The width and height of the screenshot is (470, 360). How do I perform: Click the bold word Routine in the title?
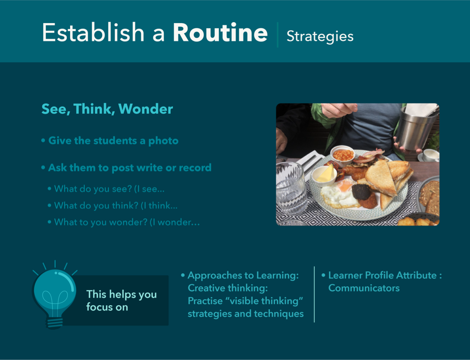coord(220,33)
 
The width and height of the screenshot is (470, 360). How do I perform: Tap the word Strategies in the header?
coord(320,37)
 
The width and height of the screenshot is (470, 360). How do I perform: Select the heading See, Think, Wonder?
coord(107,109)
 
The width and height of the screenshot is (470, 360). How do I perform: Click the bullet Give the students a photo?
coord(110,141)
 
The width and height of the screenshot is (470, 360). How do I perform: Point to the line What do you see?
coord(106,189)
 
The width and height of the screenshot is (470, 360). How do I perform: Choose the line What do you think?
coord(113,205)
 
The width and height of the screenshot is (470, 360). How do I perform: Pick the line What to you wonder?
coord(124,222)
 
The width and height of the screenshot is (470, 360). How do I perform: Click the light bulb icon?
coord(54,295)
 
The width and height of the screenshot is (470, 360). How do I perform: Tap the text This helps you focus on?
coord(122,301)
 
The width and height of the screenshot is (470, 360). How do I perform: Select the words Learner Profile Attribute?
coord(382,275)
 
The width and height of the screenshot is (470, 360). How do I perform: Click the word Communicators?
coord(364,288)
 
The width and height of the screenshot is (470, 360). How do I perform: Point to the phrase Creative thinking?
coord(228,288)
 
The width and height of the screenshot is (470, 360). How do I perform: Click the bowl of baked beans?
coord(342,155)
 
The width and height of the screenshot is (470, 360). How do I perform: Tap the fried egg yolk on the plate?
coord(345,186)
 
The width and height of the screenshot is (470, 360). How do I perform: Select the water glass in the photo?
coord(291,188)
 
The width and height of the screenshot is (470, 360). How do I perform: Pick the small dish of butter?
coord(324,175)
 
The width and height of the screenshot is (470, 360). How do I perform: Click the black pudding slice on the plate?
coord(361,192)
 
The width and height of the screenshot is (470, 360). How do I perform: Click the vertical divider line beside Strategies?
coord(278,34)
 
